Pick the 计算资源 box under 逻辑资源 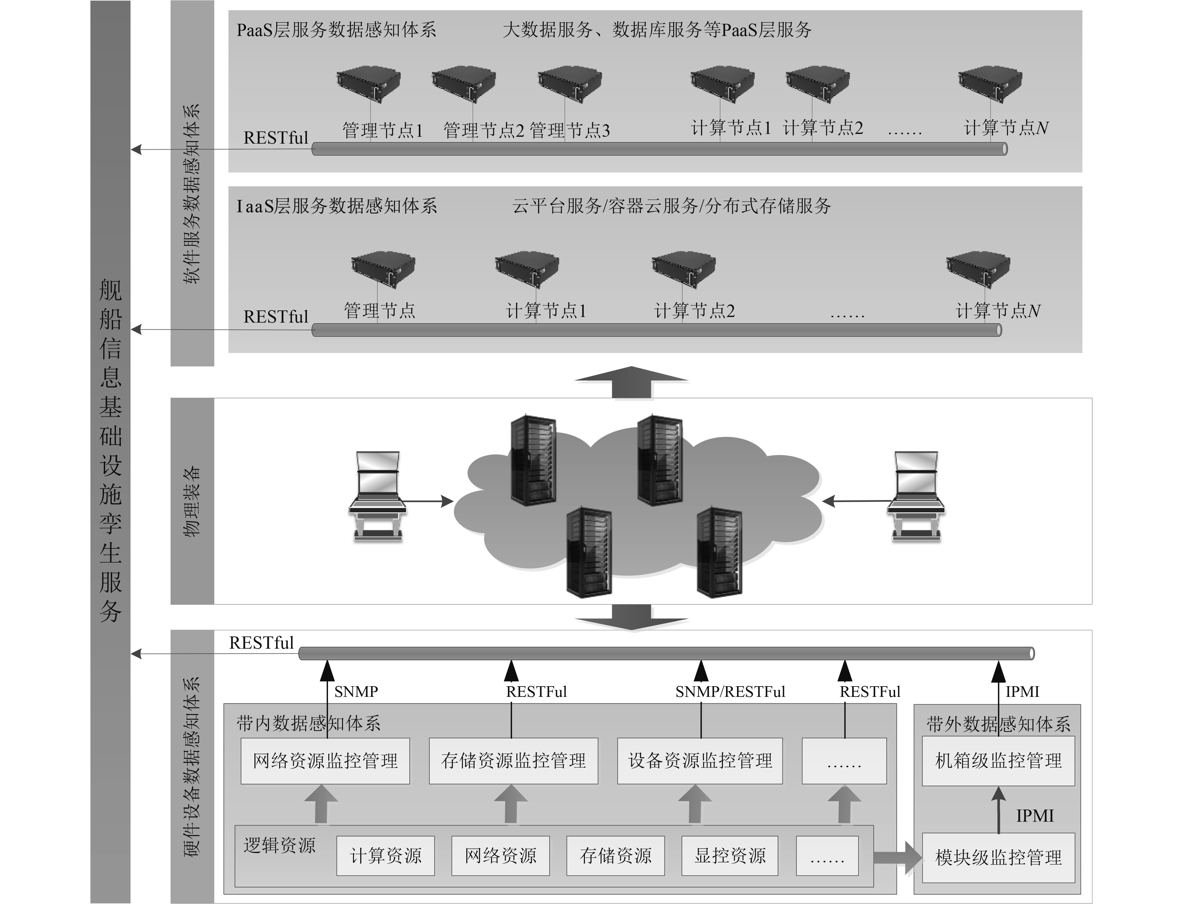(385, 855)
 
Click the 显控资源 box (730, 855)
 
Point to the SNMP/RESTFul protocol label (730, 692)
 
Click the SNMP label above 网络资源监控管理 (356, 692)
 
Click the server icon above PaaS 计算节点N (990, 84)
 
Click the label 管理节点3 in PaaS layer (569, 130)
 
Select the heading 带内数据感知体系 (308, 723)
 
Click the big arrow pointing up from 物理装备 (632, 382)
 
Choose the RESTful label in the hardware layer (262, 643)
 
